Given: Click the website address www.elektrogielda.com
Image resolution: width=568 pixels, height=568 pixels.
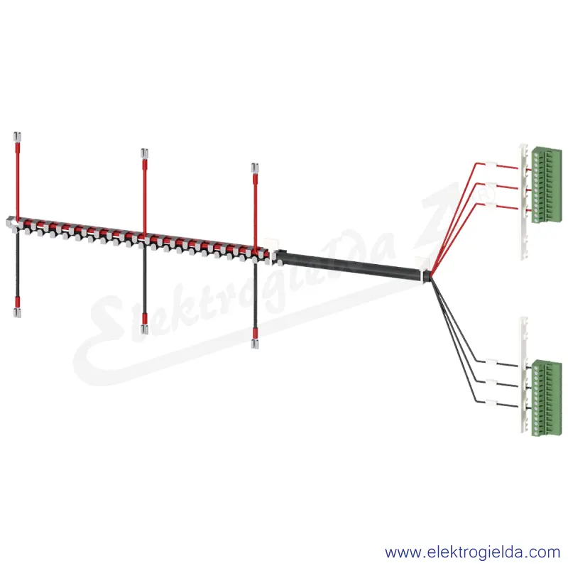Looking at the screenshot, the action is [x=473, y=552].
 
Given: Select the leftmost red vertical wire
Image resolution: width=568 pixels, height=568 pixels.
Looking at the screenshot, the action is [x=17, y=180].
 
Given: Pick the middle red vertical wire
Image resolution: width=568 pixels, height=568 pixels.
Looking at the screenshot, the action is [x=145, y=197].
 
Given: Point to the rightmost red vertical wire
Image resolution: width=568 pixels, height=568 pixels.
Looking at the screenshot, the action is [x=255, y=212].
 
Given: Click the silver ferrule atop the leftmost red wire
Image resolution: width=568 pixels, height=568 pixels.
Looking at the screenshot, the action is [x=17, y=137].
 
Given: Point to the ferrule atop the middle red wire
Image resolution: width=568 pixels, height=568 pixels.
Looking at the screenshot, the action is [x=145, y=153].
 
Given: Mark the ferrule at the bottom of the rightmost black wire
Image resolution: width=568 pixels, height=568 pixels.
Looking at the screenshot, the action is [x=255, y=344].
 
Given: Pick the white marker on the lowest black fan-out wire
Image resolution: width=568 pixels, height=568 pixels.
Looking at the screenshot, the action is [x=491, y=403].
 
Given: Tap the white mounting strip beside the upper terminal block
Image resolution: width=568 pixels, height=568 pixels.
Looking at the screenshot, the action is [x=524, y=201].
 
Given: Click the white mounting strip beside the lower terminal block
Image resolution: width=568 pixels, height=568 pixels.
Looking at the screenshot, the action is [x=524, y=375].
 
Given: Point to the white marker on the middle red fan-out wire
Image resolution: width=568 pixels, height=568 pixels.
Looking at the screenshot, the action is [x=491, y=185].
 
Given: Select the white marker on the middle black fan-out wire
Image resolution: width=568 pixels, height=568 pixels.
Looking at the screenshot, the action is [x=491, y=383].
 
